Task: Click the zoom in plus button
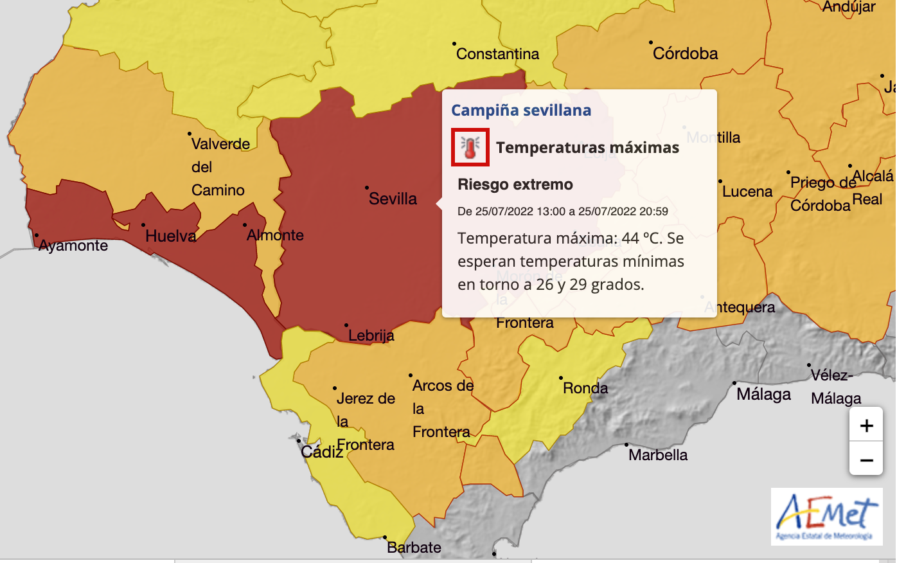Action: [x=866, y=425]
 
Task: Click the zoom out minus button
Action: [x=866, y=460]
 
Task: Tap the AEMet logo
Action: [x=826, y=516]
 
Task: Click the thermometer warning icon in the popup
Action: [x=470, y=147]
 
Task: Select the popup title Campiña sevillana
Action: [x=521, y=111]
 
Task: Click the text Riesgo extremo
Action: [x=515, y=184]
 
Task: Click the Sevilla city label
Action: [x=393, y=199]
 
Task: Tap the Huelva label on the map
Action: [x=170, y=236]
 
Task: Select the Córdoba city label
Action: [x=685, y=53]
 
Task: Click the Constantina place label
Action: [x=497, y=54]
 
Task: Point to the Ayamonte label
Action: [x=73, y=246]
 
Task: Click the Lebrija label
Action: [x=371, y=335]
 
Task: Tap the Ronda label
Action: [x=585, y=388]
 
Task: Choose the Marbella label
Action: [x=658, y=455]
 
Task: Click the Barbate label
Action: [x=414, y=548]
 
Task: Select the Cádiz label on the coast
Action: [x=321, y=452]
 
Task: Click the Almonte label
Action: [x=275, y=235]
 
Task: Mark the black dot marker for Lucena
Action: [x=720, y=181]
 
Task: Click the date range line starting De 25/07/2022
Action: [x=562, y=211]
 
